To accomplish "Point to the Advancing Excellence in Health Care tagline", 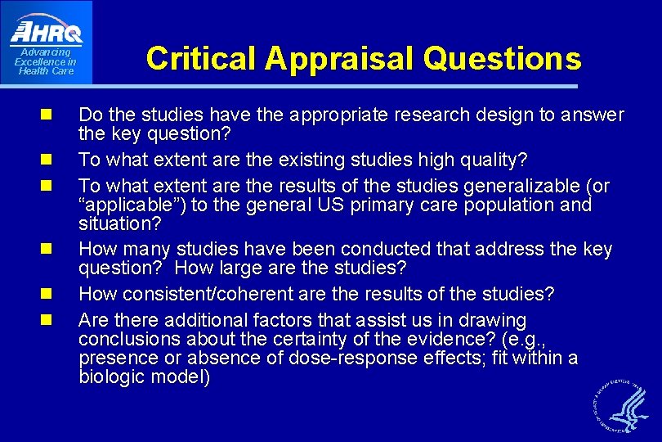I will click(46, 62).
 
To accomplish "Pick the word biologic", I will click(112, 377).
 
